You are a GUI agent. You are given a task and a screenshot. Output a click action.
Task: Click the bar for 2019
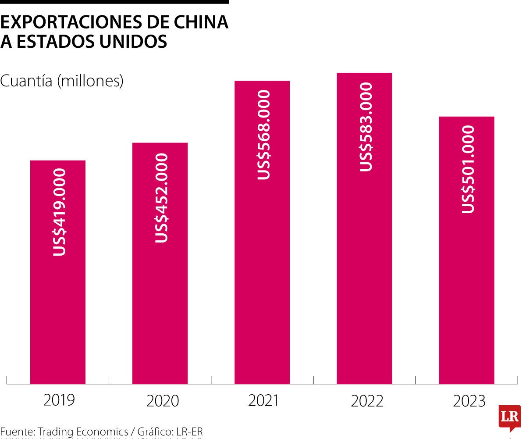(58, 307)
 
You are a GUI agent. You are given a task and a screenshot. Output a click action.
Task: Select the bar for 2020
(160, 307)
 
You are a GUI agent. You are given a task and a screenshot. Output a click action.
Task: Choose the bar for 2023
(466, 285)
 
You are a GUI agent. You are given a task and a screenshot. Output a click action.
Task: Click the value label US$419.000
(59, 212)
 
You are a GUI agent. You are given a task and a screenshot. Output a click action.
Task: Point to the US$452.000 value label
(161, 198)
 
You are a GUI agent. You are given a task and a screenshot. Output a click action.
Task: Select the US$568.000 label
(263, 135)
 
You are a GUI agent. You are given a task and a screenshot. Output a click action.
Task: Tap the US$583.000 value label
(366, 126)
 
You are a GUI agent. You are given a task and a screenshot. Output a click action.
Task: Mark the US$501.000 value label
(468, 169)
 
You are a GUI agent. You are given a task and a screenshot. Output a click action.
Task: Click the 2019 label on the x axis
(59, 400)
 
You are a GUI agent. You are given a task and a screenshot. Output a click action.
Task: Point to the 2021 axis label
(264, 400)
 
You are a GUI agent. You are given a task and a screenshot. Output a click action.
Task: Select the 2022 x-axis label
(367, 400)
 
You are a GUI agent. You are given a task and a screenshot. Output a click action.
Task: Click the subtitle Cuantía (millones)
(62, 81)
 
